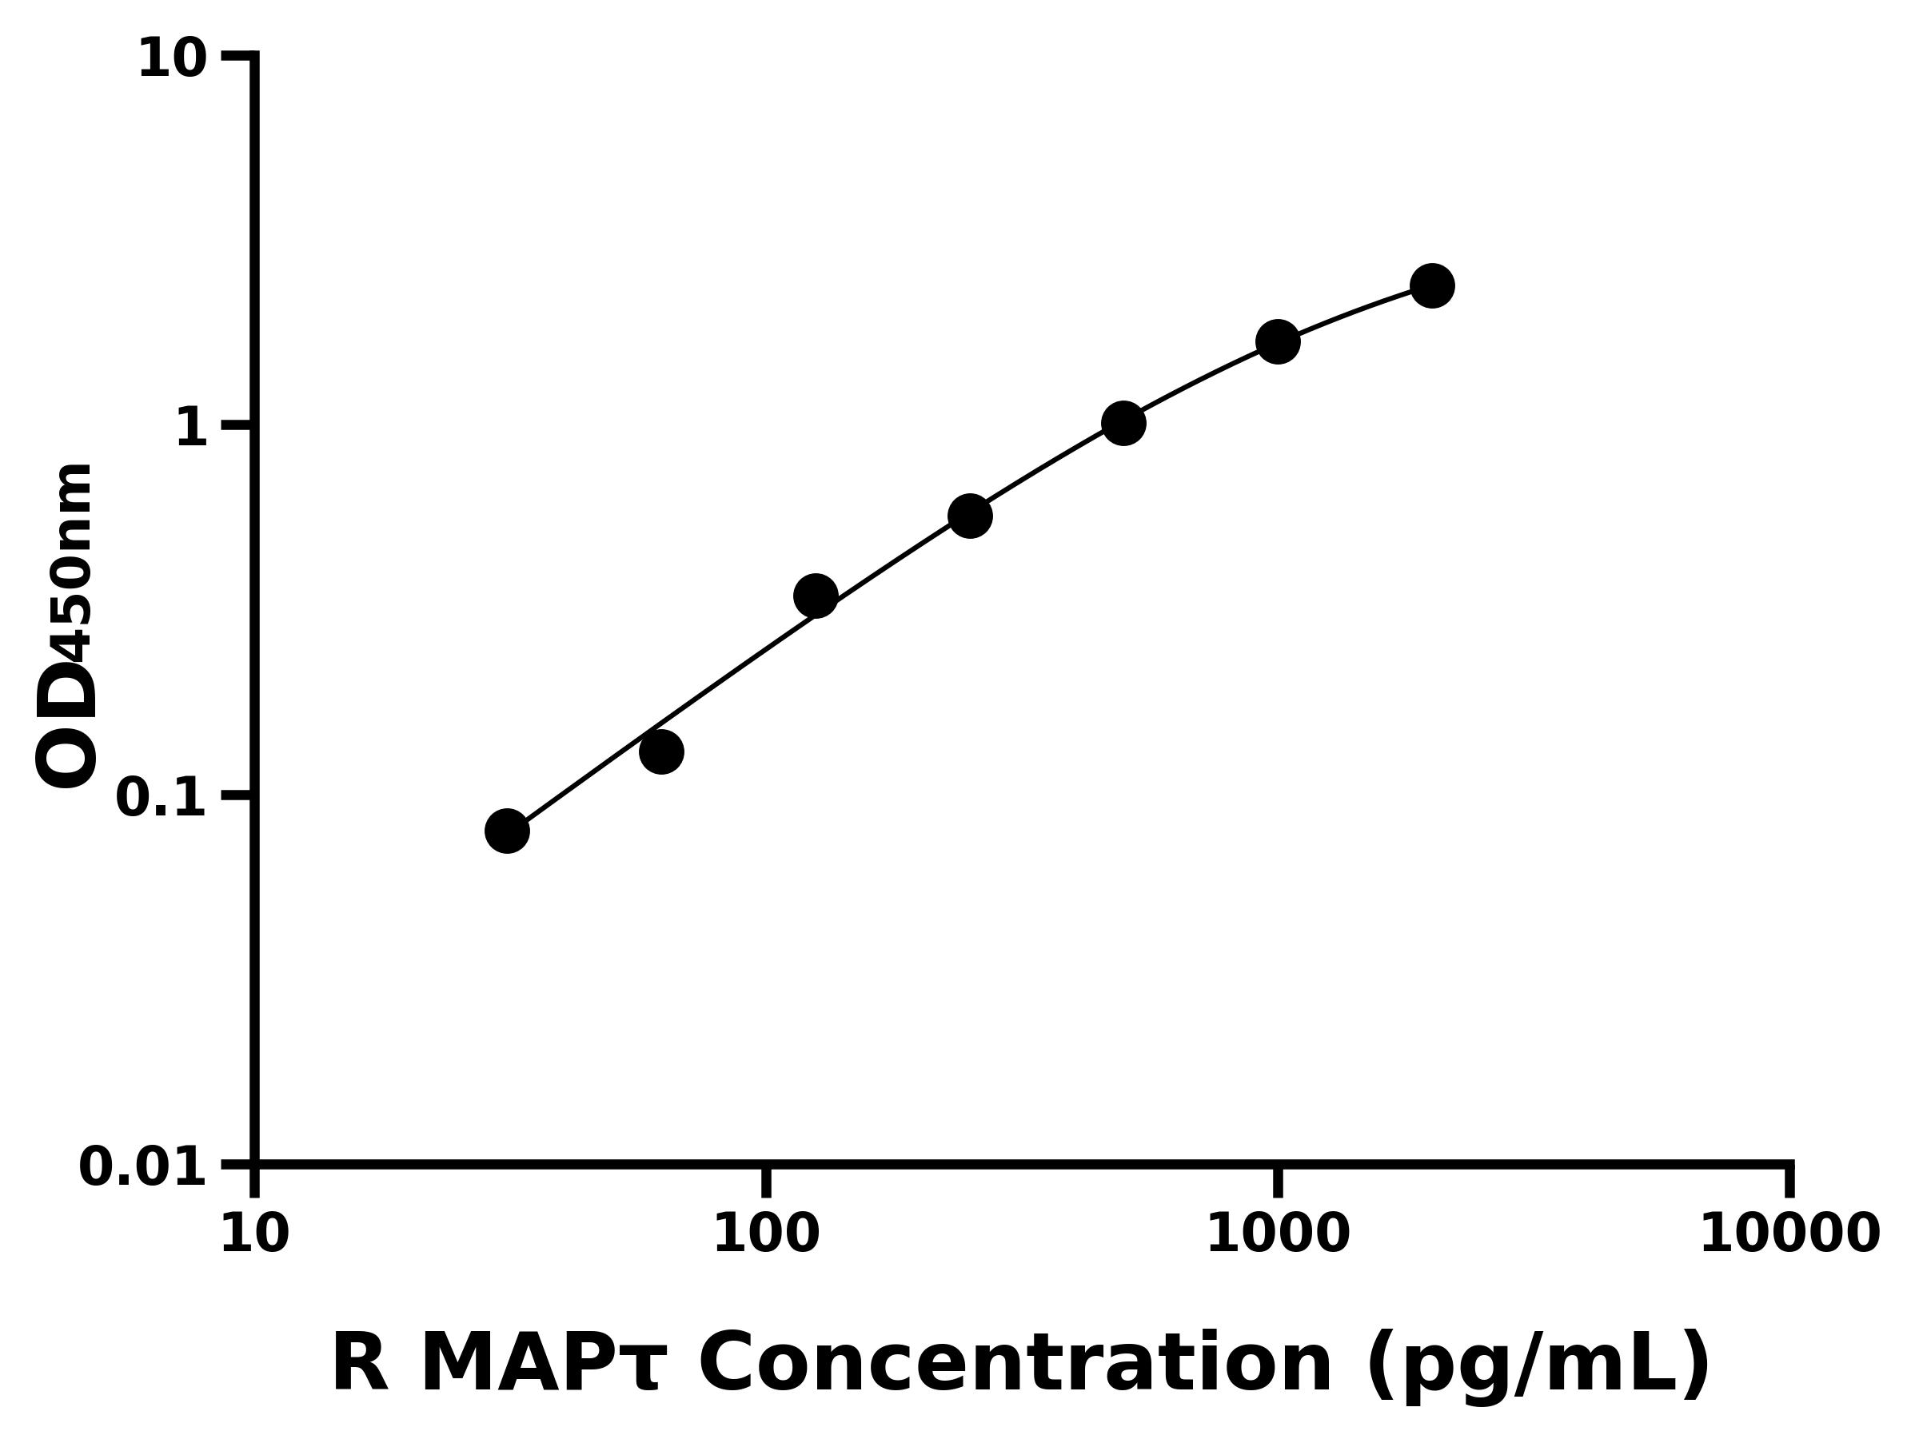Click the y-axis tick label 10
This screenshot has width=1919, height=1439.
(x=172, y=61)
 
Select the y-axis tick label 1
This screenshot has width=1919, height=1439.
(x=192, y=429)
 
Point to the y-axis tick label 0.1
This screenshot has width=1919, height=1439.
(x=161, y=798)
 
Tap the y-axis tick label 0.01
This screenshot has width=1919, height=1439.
(x=142, y=1167)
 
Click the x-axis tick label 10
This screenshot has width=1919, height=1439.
(x=254, y=1234)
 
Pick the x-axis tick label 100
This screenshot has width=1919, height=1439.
(x=765, y=1234)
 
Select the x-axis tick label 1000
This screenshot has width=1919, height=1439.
(x=1277, y=1234)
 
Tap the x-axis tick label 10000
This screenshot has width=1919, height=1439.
(x=1789, y=1234)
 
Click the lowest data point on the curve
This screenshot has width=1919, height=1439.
(x=507, y=831)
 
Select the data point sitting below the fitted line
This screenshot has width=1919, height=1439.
(x=661, y=751)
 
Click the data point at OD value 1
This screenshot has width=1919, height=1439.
(x=1123, y=423)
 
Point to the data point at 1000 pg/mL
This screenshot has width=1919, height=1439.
(x=1278, y=341)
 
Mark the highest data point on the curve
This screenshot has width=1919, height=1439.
(x=1432, y=285)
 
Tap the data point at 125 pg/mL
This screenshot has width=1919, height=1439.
(x=816, y=596)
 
